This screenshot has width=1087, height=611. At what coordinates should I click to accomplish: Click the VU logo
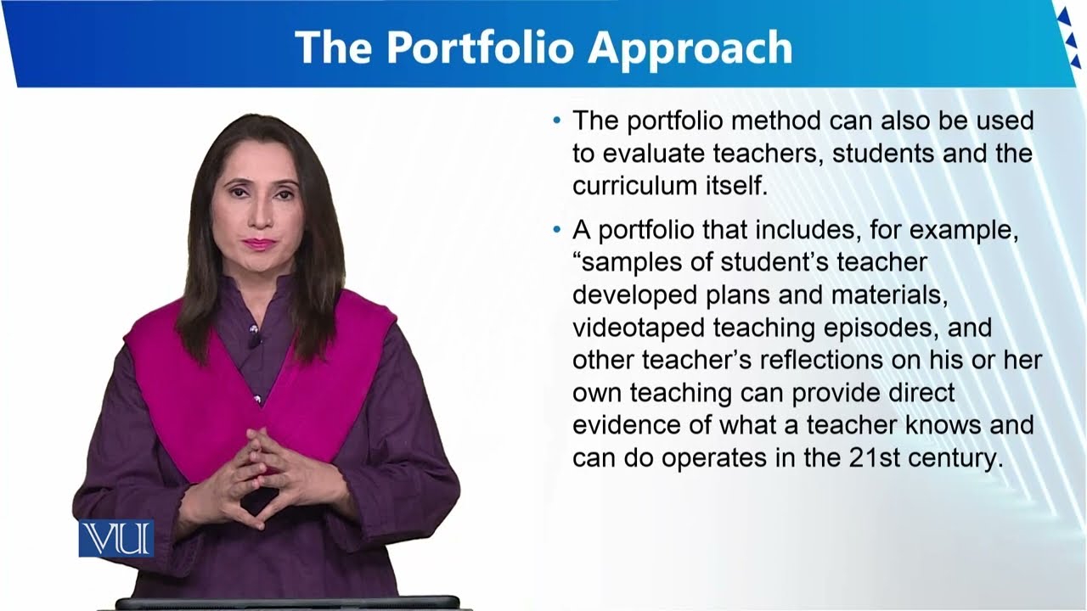116,538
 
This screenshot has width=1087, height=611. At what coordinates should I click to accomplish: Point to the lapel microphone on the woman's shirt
254,340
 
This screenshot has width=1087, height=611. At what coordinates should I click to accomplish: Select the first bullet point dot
557,121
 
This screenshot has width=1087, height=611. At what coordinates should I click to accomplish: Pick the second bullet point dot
557,230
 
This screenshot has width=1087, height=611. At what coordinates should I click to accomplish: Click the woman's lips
257,244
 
